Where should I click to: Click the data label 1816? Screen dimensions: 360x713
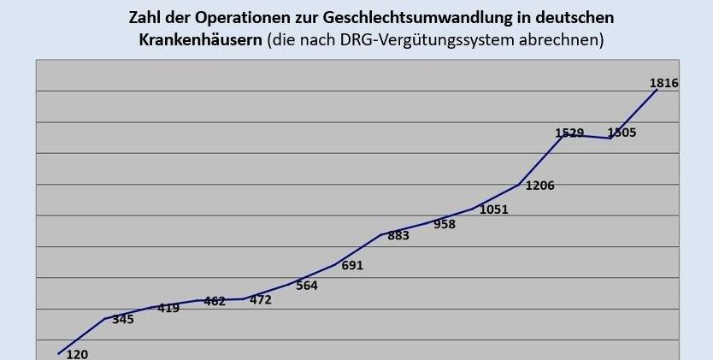tap(664, 83)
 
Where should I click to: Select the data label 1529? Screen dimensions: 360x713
tap(569, 133)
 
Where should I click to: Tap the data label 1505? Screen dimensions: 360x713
tap(622, 133)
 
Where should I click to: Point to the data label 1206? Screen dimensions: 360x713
tap(540, 185)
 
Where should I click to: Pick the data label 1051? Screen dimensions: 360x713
tap(493, 210)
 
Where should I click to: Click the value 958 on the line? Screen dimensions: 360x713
tap(445, 224)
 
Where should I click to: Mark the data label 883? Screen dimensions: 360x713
tap(398, 235)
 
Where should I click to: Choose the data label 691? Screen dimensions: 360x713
tap(352, 265)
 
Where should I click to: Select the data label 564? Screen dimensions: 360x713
tap(306, 286)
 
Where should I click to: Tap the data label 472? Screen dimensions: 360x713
tap(260, 299)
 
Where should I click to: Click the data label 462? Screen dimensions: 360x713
tap(215, 301)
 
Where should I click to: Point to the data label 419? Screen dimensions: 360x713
tap(168, 308)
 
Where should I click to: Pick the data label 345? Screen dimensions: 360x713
tap(123, 320)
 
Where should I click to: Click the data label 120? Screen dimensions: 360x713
tap(77, 354)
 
